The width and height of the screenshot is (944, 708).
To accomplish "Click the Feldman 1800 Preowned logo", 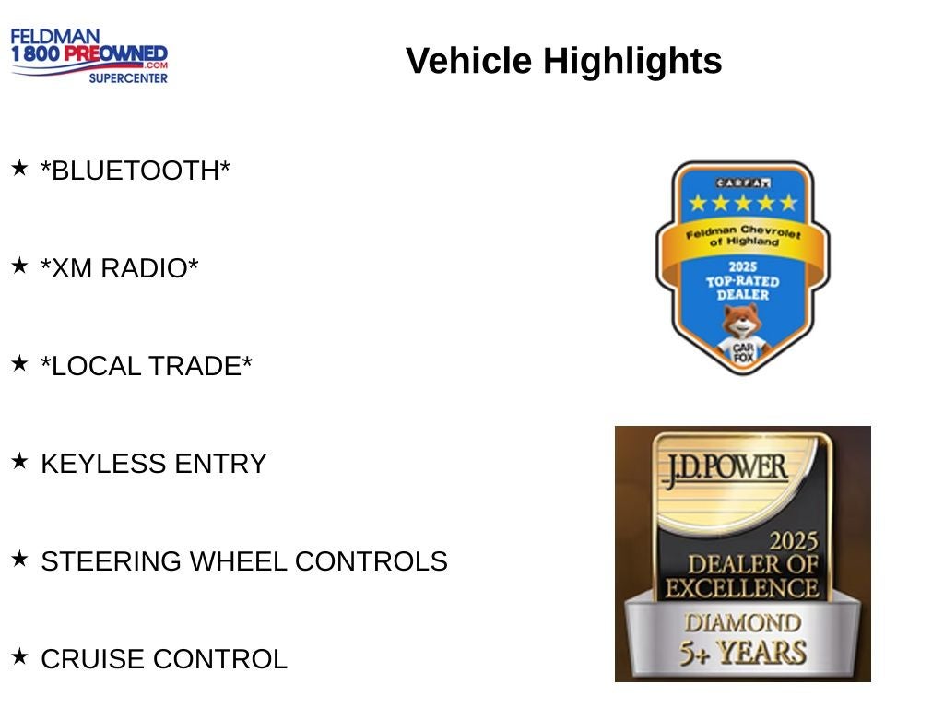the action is pyautogui.click(x=89, y=55).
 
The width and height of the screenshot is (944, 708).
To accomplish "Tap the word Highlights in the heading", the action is pyautogui.click(x=632, y=61).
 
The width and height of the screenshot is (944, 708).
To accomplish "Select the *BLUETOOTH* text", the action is pyautogui.click(x=136, y=171).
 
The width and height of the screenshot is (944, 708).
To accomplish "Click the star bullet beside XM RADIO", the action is pyautogui.click(x=19, y=265).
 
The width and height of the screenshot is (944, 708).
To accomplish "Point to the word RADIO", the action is pyautogui.click(x=149, y=268).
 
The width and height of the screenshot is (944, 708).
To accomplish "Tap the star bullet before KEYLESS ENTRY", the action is pyautogui.click(x=19, y=461).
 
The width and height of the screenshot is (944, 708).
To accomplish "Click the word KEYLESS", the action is pyautogui.click(x=103, y=464).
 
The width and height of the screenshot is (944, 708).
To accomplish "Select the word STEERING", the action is pyautogui.click(x=111, y=561).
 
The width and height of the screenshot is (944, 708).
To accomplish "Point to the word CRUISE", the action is pyautogui.click(x=93, y=658).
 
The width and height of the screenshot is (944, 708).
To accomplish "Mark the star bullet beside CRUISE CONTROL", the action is pyautogui.click(x=19, y=656).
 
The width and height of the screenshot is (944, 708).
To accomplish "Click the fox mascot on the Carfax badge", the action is pyautogui.click(x=743, y=334).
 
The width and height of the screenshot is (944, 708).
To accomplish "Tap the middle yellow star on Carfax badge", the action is pyautogui.click(x=743, y=203).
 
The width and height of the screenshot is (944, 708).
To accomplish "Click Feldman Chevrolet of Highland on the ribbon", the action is pyautogui.click(x=743, y=235).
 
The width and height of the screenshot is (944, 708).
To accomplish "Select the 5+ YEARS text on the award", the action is pyautogui.click(x=743, y=654).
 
